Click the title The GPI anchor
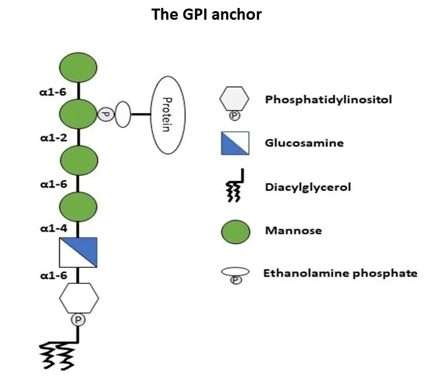[206, 14]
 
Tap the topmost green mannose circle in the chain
[79, 68]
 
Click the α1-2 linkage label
[52, 140]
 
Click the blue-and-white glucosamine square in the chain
[79, 252]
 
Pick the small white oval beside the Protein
[124, 114]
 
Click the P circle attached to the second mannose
[105, 115]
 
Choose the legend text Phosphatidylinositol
[319, 100]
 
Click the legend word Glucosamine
[304, 143]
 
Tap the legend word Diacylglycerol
[307, 187]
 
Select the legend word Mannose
[293, 231]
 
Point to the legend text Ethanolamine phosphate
[340, 272]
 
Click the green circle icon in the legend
[235, 231]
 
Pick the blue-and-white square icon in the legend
[235, 143]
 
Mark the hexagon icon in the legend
[235, 99]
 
